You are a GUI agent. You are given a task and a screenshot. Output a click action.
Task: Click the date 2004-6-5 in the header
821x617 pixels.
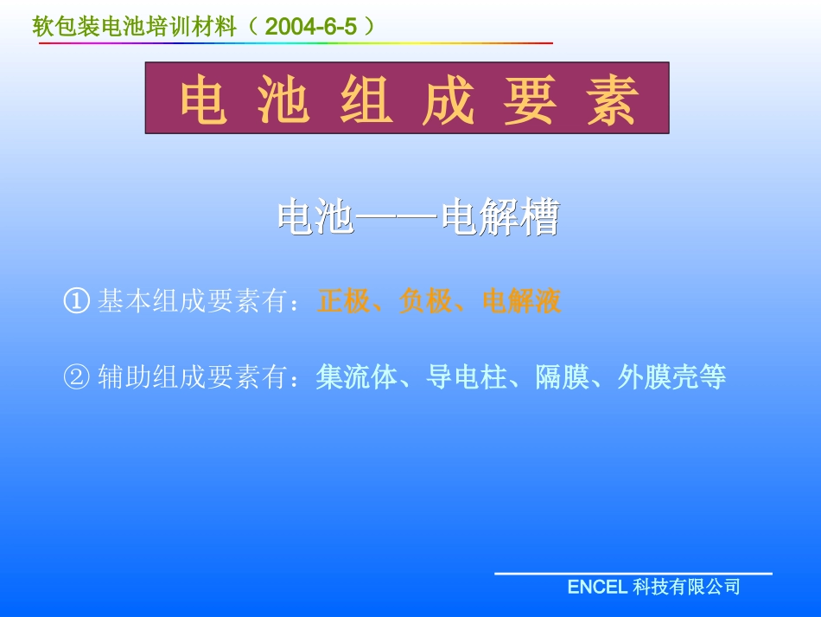pyautogui.click(x=311, y=27)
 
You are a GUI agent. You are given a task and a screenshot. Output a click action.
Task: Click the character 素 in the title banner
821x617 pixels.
pyautogui.click(x=612, y=100)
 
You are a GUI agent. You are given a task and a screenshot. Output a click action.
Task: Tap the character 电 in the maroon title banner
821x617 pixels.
pyautogui.click(x=204, y=100)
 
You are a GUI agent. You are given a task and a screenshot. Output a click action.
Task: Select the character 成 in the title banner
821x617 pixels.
pyautogui.click(x=449, y=100)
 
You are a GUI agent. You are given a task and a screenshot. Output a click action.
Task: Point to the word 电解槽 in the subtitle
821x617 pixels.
pyautogui.click(x=500, y=218)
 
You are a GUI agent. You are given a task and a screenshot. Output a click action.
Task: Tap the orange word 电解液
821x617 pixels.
pyautogui.click(x=522, y=302)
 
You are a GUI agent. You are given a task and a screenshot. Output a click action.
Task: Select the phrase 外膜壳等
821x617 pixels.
pyautogui.click(x=671, y=378)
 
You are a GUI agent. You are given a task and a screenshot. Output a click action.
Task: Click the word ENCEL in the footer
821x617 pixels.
pyautogui.click(x=596, y=588)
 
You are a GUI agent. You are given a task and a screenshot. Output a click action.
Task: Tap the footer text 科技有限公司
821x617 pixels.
pyautogui.click(x=686, y=588)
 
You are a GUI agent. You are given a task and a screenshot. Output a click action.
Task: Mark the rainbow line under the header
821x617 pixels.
pyautogui.click(x=294, y=42)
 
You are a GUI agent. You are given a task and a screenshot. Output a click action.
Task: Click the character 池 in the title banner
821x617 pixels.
pyautogui.click(x=283, y=100)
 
